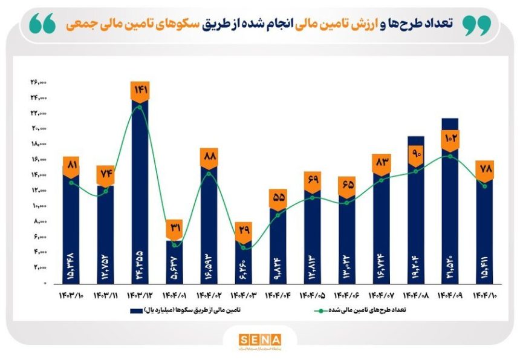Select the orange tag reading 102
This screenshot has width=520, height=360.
[x=450, y=139]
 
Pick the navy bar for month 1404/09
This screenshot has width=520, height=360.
[x=450, y=206]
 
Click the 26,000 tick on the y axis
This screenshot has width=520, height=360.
[x=39, y=82]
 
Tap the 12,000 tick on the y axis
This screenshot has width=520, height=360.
[x=39, y=191]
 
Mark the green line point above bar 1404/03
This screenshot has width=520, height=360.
[x=243, y=247]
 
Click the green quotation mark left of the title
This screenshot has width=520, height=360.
[x=42, y=22]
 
